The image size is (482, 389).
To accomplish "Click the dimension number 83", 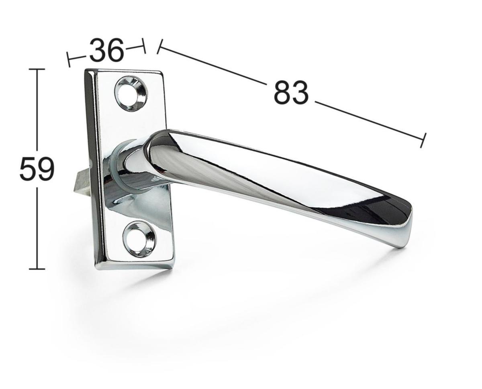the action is click(x=291, y=92).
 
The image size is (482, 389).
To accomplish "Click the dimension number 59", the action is click(x=37, y=169).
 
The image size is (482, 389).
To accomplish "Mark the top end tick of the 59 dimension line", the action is click(x=37, y=69).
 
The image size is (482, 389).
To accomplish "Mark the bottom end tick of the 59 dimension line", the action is click(x=37, y=269).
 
